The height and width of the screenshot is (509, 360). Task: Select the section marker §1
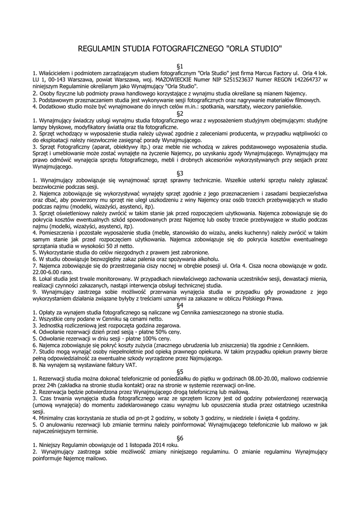coord(180,66)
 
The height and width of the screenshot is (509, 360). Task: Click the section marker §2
coord(180,113)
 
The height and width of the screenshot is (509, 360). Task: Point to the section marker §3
coord(180,173)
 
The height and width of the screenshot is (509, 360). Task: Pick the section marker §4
coord(180,305)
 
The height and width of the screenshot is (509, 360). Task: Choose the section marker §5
coord(180,371)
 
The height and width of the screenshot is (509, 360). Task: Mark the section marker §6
coord(180,438)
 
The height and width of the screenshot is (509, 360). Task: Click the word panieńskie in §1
coord(299,106)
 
